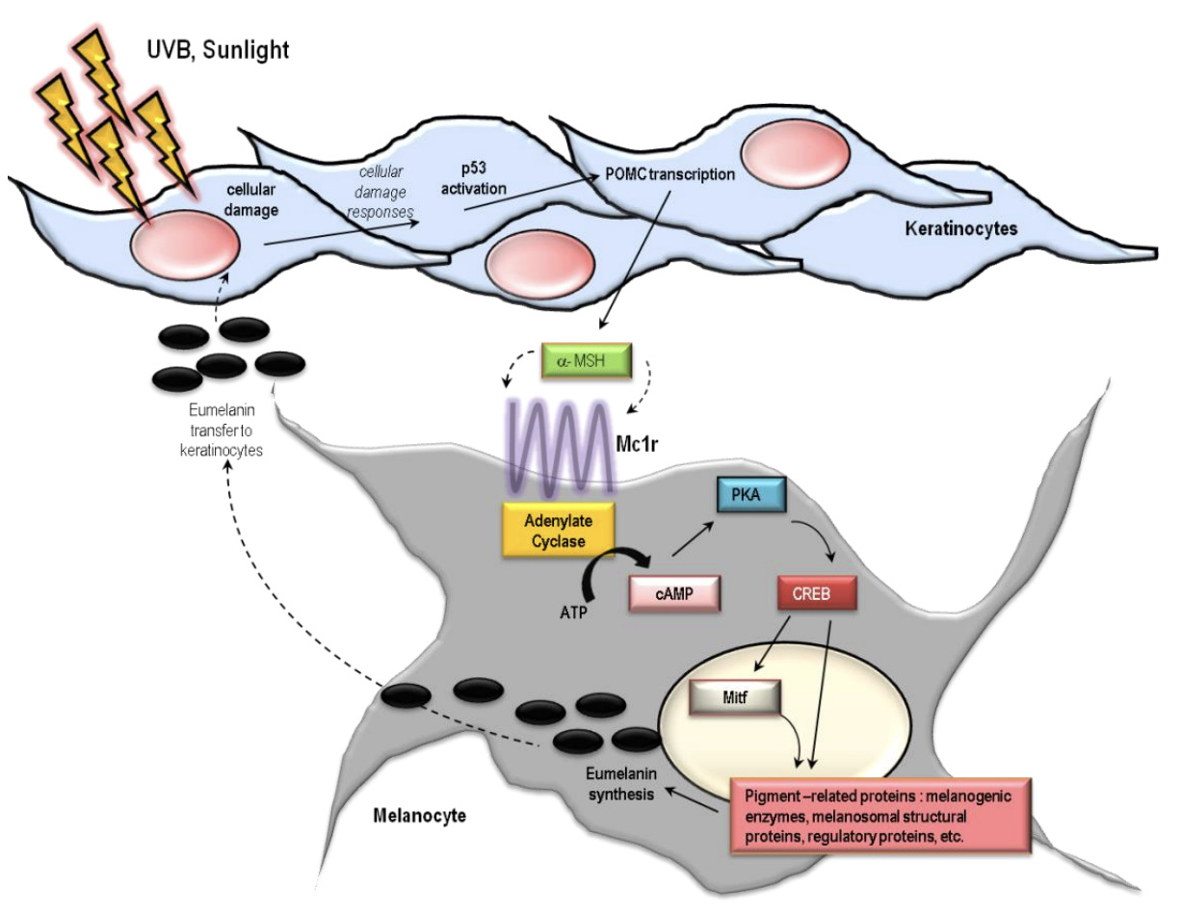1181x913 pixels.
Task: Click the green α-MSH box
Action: point(587,360)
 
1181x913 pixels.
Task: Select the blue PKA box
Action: point(751,495)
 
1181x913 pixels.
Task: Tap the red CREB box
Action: point(817,593)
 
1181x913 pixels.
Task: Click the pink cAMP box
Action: point(674,593)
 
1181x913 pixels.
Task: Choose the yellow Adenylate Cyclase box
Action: point(558,530)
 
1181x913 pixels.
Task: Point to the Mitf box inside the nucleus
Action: point(735,697)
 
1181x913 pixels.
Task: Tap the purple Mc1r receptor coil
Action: point(560,448)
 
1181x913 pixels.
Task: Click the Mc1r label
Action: point(637,444)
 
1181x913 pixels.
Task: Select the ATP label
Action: point(573,613)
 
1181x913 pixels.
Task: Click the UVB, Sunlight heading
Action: point(218,50)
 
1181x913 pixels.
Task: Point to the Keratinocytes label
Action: point(961,228)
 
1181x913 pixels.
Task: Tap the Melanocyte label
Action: point(420,815)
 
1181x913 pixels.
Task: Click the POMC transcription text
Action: point(670,174)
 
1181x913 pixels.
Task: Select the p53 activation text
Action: point(473,179)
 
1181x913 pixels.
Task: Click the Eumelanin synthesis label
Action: point(621,784)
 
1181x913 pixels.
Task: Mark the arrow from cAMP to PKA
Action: point(693,538)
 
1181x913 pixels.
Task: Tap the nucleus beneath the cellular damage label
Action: point(185,245)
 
